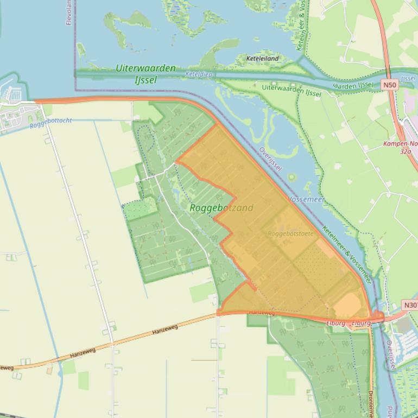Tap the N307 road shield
tap(410, 305)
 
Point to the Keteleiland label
tap(262, 58)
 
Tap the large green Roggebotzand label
tap(221, 207)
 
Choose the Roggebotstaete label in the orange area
tap(290, 233)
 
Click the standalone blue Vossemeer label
tap(307, 200)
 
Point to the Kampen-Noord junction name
tap(400, 144)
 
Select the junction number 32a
tap(405, 152)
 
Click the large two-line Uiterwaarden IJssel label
tap(145, 74)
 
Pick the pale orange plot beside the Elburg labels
tap(346, 305)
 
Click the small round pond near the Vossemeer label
tap(292, 178)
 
